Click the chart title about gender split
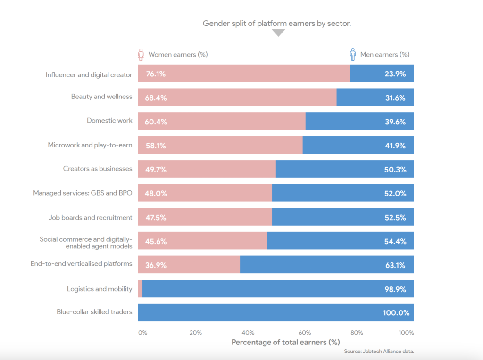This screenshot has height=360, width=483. pyautogui.click(x=277, y=23)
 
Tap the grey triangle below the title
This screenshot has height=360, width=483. pyautogui.click(x=279, y=33)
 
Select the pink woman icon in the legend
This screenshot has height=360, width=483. pyautogui.click(x=141, y=55)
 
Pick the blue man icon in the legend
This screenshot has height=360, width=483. pyautogui.click(x=352, y=55)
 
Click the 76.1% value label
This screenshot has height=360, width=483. pyautogui.click(x=156, y=74)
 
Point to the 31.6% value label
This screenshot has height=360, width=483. pyautogui.click(x=395, y=98)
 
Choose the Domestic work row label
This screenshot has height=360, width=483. pyautogui.click(x=109, y=121)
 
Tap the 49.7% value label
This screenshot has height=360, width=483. pyautogui.click(x=156, y=170)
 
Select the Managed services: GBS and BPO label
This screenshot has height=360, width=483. pyautogui.click(x=83, y=193)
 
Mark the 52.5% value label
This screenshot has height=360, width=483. pyautogui.click(x=395, y=218)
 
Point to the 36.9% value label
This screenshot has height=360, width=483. pyautogui.click(x=156, y=265)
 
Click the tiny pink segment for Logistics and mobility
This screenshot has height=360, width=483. pyautogui.click(x=140, y=289)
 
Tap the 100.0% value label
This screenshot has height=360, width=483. pyautogui.click(x=395, y=313)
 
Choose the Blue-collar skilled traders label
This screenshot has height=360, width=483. pyautogui.click(x=94, y=312)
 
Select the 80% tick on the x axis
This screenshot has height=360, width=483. pyautogui.click(x=357, y=333)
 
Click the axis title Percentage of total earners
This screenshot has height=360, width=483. pyautogui.click(x=285, y=342)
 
